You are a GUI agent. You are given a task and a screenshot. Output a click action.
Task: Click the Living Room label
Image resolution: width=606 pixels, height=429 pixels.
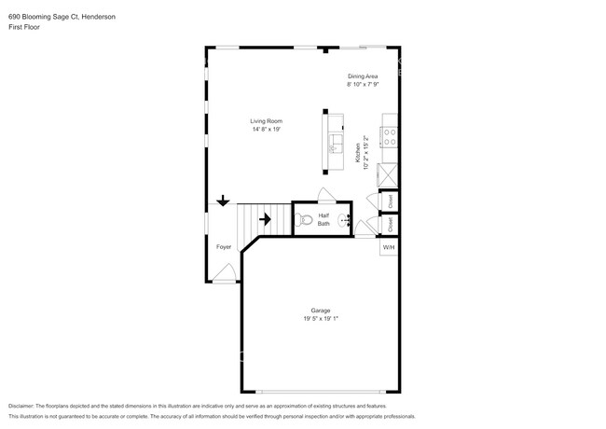266,121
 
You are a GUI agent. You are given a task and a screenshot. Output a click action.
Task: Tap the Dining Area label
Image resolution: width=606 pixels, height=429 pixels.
363,76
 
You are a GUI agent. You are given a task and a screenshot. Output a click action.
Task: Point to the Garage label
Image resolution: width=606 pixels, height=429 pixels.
321,311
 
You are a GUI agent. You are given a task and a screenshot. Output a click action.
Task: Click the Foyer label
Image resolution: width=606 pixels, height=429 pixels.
224,247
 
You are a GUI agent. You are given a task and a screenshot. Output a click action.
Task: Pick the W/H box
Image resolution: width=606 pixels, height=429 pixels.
389,247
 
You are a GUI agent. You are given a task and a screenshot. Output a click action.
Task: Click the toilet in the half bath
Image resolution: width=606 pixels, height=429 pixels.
304,220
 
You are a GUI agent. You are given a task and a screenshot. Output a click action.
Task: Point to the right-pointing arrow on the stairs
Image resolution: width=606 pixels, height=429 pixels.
265,220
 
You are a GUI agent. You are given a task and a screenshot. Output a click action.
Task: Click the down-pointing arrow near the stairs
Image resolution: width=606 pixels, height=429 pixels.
224,201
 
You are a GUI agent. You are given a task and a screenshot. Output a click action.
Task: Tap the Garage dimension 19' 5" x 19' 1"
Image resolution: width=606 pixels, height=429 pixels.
321,319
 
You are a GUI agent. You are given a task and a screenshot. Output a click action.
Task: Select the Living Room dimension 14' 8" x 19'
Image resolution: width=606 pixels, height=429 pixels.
266,130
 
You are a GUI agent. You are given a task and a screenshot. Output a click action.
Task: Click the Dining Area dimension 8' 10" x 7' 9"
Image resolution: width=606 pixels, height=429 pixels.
363,84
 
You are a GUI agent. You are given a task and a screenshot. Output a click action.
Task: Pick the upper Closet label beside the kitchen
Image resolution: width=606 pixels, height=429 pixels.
389,200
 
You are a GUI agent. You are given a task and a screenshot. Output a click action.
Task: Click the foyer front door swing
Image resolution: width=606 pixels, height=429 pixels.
224,272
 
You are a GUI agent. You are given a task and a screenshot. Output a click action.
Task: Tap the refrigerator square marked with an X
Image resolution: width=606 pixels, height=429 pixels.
389,174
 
